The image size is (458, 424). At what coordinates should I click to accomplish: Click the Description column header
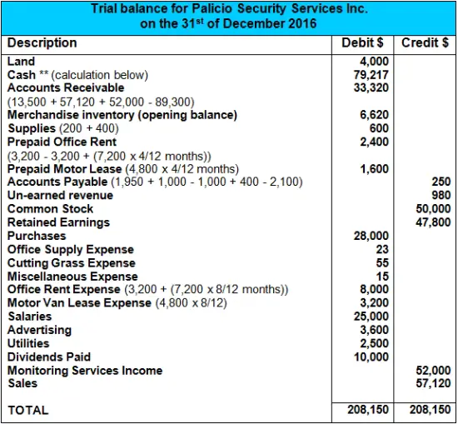point(42,43)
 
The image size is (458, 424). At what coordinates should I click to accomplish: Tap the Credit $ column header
point(425,43)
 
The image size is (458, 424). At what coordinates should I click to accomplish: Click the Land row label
point(21,61)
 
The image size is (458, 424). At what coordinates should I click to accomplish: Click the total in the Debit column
point(367,410)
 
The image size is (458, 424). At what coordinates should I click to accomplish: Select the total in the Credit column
point(427,410)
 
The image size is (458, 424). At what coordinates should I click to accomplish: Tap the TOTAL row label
point(28,410)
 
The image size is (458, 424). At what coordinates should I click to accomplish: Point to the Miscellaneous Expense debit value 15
point(381,276)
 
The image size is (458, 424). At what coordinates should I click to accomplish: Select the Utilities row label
point(28,343)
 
